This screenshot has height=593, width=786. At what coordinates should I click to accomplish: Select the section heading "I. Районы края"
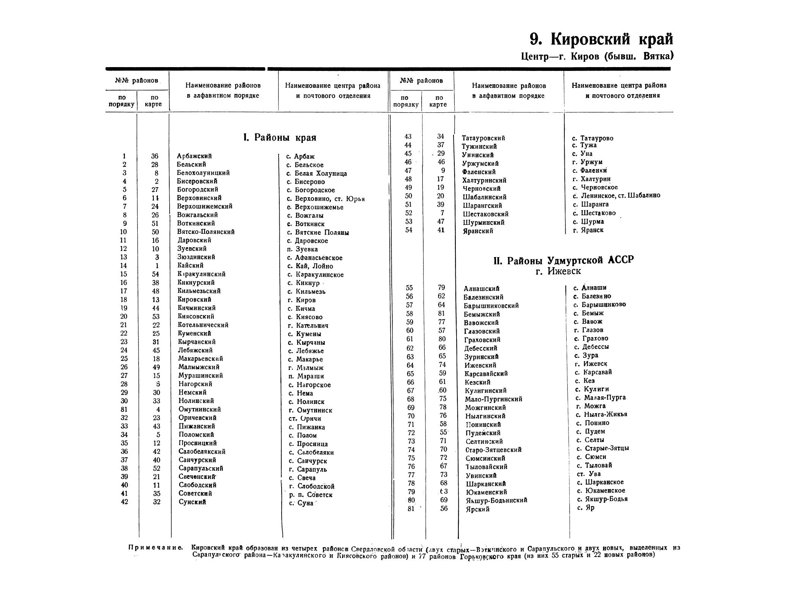pos(280,137)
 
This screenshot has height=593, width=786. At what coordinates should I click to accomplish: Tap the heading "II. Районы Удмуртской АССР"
pos(564,260)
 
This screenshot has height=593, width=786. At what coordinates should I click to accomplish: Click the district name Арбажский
pos(194,156)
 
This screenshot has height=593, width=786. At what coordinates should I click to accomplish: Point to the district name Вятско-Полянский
pos(206,232)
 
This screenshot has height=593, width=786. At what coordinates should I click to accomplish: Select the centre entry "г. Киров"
pos(302,300)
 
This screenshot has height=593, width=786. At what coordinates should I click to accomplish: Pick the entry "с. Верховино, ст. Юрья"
pos(326,199)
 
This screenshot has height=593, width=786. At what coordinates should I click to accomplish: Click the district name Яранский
pos(478,231)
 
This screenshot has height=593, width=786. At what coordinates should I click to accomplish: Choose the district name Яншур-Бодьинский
pos(496,500)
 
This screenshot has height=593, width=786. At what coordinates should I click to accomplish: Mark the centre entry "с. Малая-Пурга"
pos(601,398)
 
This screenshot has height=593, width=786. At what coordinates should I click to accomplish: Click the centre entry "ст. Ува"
pos(589,474)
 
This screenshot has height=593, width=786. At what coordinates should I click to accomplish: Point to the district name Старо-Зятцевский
pos(493,450)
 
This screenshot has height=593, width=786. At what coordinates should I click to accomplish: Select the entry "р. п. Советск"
pos(310,495)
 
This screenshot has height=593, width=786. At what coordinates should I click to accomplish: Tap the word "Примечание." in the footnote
pos(156,548)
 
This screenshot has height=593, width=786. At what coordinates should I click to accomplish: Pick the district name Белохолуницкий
pos(203,173)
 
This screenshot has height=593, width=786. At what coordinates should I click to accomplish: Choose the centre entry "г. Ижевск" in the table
pos(591,364)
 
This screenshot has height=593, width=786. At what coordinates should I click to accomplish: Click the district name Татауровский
pos(483,138)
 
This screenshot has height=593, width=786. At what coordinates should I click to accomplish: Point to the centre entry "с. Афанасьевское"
pos(315,258)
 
